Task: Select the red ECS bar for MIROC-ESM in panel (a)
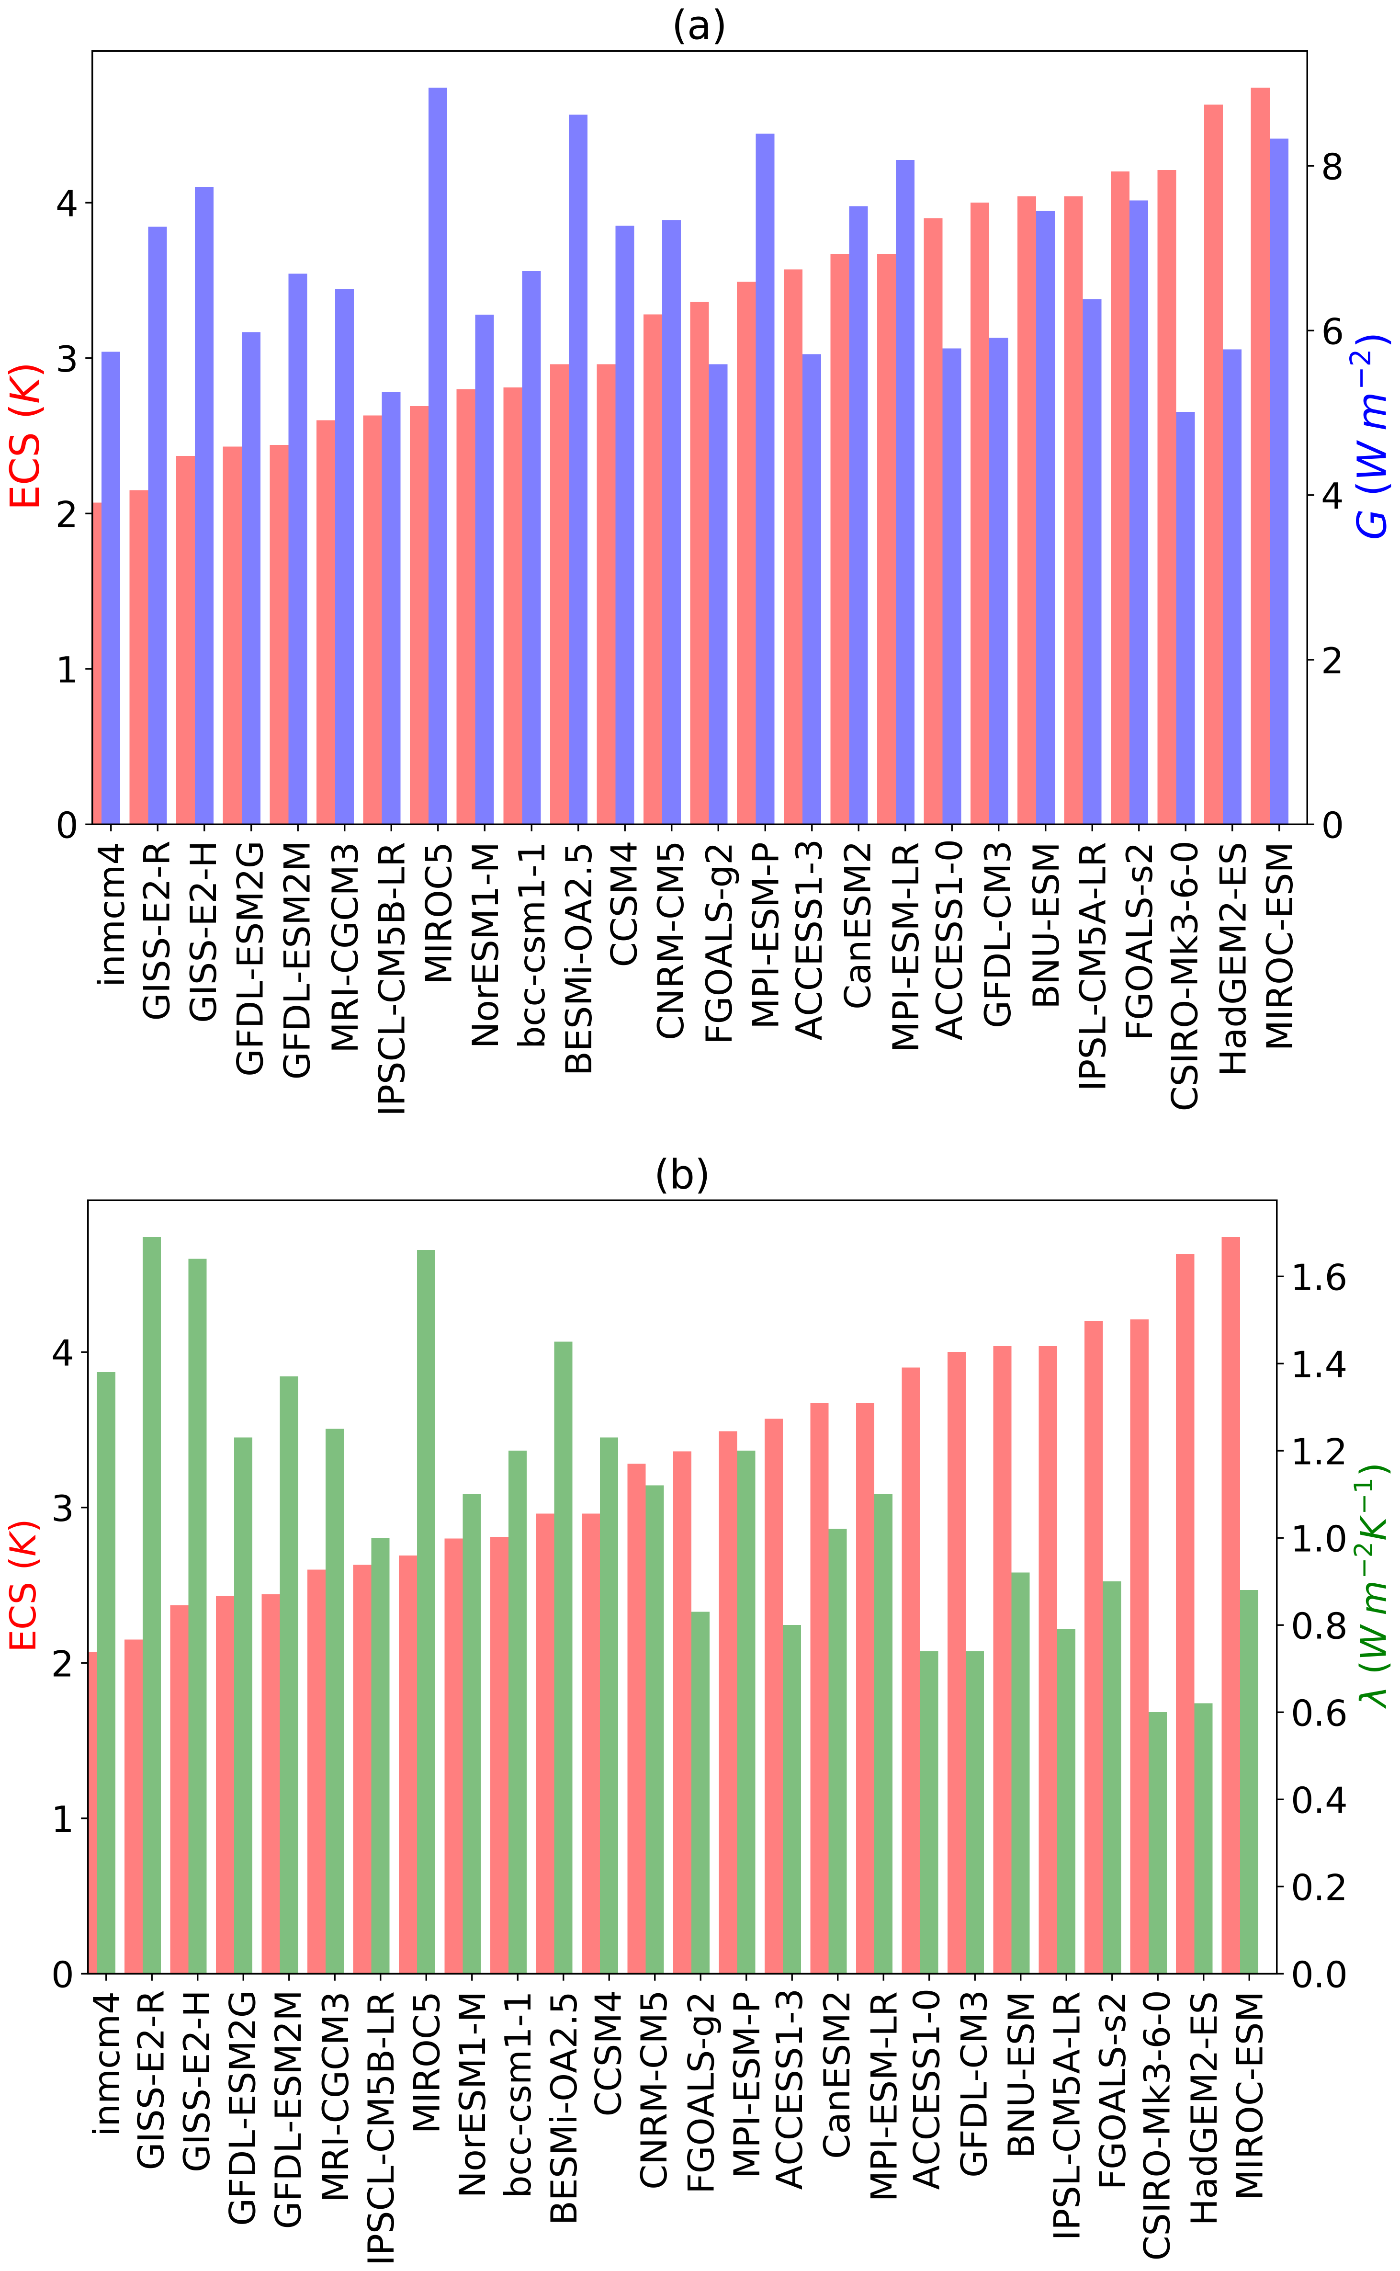pos(1260,454)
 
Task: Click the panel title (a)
pos(699,26)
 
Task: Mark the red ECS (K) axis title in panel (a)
pos(26,435)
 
